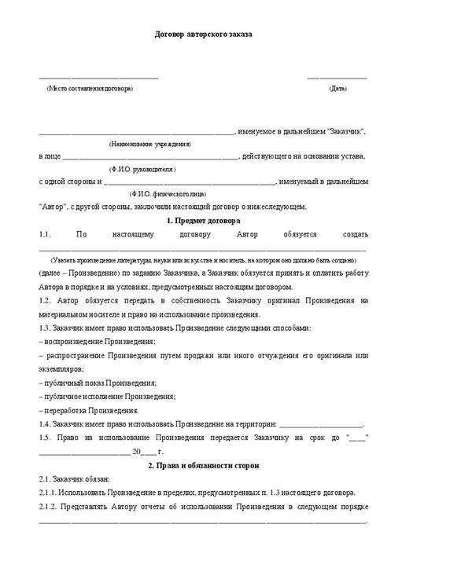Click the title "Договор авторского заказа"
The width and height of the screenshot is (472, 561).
(x=202, y=35)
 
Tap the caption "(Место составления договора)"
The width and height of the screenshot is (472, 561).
(x=90, y=88)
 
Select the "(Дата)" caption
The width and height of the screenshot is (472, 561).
(x=337, y=88)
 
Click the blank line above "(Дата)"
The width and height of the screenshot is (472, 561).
(x=337, y=77)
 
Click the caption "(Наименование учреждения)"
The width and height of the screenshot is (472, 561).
(x=149, y=145)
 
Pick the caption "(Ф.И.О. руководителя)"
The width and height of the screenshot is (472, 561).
(x=142, y=169)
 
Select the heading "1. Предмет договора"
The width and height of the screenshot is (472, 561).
(x=203, y=221)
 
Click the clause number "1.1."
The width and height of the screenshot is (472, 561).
(x=44, y=234)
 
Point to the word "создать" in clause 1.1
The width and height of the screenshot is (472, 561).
(x=355, y=234)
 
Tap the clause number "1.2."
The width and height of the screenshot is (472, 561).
(x=46, y=300)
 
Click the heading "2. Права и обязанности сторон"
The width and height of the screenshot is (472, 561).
(x=203, y=466)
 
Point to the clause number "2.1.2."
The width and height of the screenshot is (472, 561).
(x=50, y=507)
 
